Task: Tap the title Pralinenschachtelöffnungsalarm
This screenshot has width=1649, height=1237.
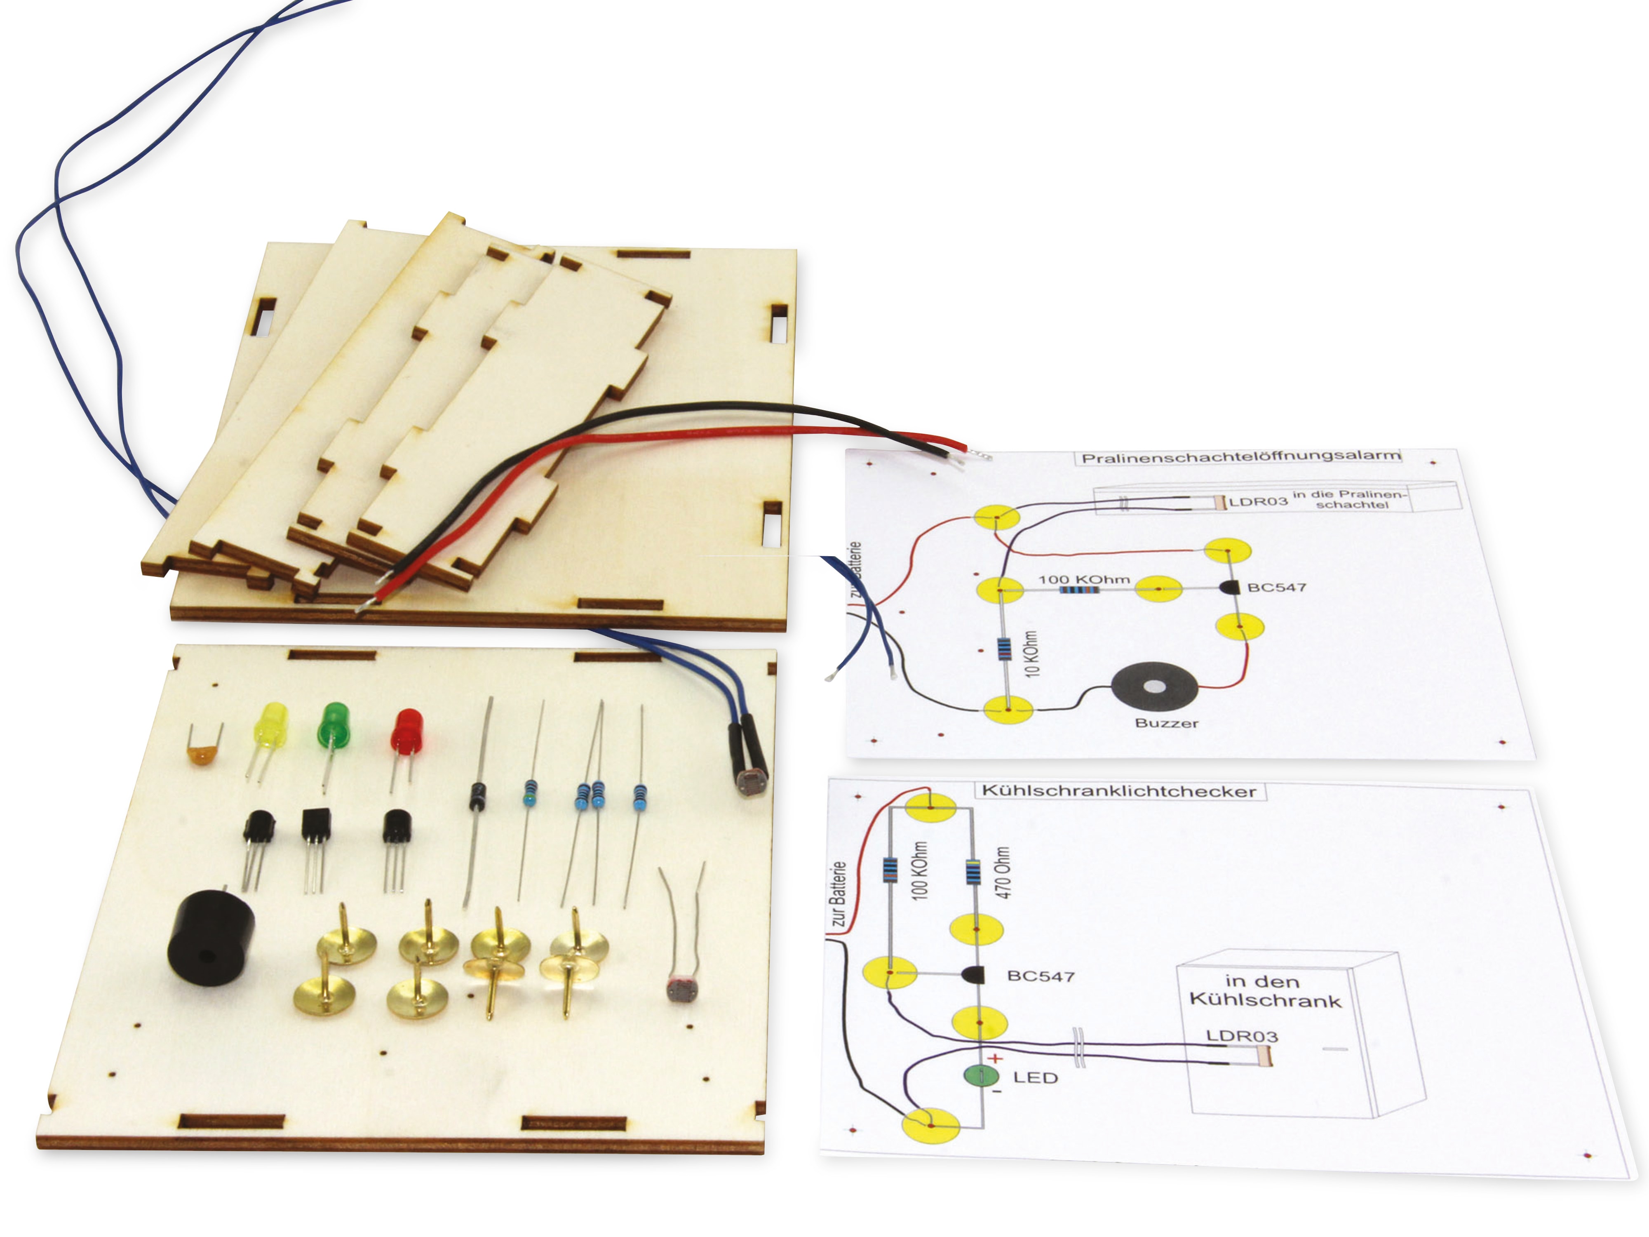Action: pyautogui.click(x=1240, y=456)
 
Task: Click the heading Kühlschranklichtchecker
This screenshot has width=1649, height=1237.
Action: pyautogui.click(x=1119, y=791)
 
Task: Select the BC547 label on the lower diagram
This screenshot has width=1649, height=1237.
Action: pyautogui.click(x=1041, y=976)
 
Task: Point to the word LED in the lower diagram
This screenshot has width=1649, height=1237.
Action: pyautogui.click(x=1036, y=1077)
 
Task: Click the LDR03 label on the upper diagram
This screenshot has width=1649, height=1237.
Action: pyautogui.click(x=1258, y=502)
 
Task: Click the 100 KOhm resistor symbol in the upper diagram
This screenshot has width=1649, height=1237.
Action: pyautogui.click(x=1079, y=590)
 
